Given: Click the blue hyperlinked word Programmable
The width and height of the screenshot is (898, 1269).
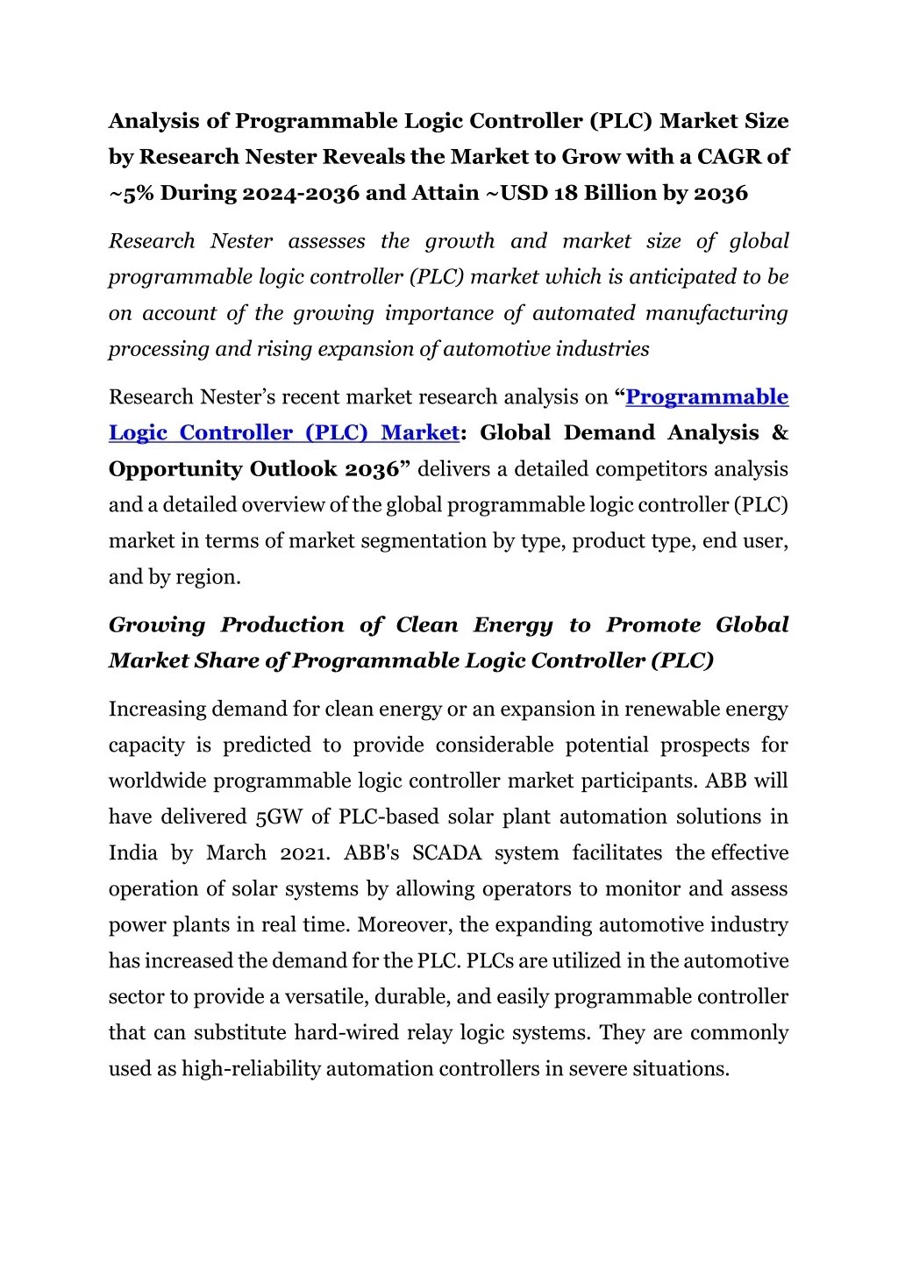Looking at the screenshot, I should point(707,397).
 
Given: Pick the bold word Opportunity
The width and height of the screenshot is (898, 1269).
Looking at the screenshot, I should point(175,469).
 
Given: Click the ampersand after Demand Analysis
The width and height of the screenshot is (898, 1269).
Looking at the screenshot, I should point(780,433).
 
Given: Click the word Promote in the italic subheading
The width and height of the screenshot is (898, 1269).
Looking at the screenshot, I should point(653,625).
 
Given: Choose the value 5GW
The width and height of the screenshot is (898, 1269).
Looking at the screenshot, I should point(278,817).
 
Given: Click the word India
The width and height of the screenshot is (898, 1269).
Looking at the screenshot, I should point(132,853).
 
